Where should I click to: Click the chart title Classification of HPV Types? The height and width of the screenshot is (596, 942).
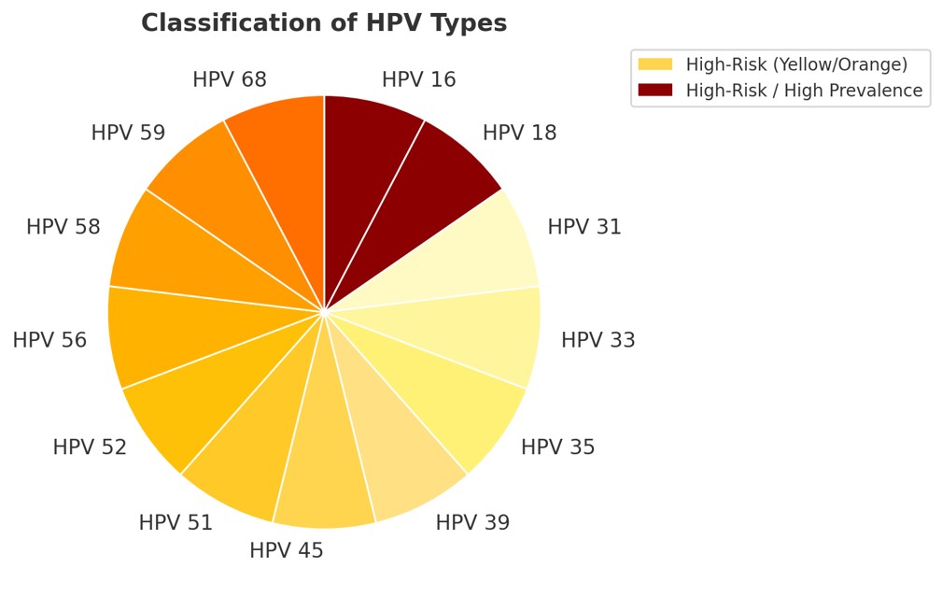pyautogui.click(x=324, y=23)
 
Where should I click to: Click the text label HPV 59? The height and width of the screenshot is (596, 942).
pyautogui.click(x=128, y=134)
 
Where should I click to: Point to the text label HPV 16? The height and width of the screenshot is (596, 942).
pyautogui.click(x=419, y=80)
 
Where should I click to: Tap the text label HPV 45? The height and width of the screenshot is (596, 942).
pyautogui.click(x=287, y=551)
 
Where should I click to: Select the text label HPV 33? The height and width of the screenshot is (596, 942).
pyautogui.click(x=598, y=341)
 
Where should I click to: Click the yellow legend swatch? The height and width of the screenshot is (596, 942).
pyautogui.click(x=654, y=64)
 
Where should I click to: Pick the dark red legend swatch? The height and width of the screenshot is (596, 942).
pyautogui.click(x=654, y=91)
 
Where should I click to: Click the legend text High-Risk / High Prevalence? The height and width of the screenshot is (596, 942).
pyautogui.click(x=804, y=91)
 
